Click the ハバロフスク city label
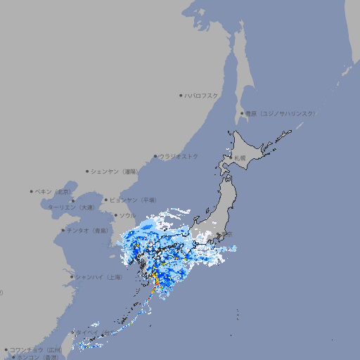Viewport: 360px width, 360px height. tap(202, 95)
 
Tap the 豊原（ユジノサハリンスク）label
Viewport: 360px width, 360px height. tap(281, 113)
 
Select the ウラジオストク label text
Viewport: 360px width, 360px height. tap(179, 156)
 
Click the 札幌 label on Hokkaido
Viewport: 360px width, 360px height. tap(240, 157)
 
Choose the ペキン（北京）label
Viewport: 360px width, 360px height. tap(53, 191)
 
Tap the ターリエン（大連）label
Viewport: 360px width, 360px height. tap(71, 207)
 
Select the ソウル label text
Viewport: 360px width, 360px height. tap(127, 215)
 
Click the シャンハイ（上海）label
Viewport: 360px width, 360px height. tap(98, 277)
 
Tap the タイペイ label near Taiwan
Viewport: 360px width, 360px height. tap(88, 331)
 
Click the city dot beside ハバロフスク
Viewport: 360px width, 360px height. tap(181, 95)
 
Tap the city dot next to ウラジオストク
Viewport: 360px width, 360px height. tap(155, 156)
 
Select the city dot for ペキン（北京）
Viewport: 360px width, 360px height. tap(32, 191)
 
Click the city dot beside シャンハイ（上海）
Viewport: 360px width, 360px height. tap(72, 277)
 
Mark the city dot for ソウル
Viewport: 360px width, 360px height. tap(115, 215)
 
